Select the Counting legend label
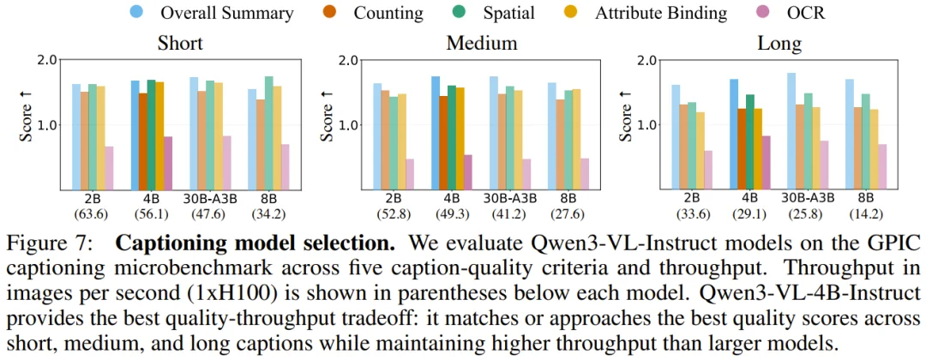[388, 13]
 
